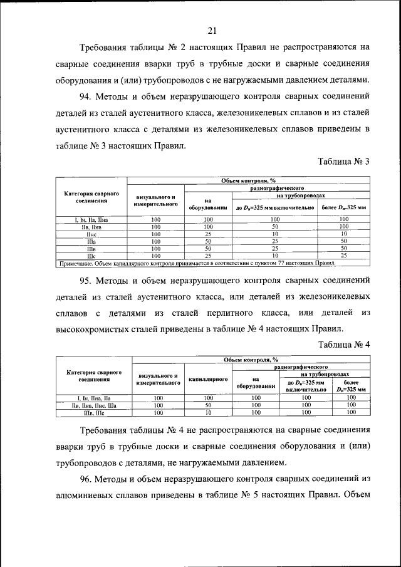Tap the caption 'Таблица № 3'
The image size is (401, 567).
click(x=345, y=161)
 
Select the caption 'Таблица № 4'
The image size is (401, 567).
click(x=345, y=344)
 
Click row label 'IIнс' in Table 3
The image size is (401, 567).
click(x=90, y=234)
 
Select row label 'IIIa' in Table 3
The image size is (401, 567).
click(x=90, y=241)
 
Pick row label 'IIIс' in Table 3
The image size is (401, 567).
click(x=90, y=256)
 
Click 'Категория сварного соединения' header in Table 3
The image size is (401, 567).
click(x=90, y=197)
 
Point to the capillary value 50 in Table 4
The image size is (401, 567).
click(x=208, y=405)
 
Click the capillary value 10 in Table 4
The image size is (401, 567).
click(x=208, y=413)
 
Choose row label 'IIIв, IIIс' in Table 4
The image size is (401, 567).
click(x=94, y=413)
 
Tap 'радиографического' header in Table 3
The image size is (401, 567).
click(x=277, y=187)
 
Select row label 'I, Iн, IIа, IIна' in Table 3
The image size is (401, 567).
click(x=90, y=219)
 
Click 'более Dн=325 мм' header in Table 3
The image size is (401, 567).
click(x=344, y=207)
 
